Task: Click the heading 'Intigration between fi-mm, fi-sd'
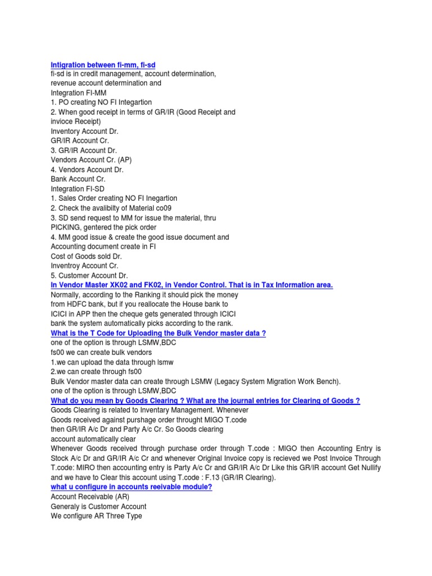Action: pyautogui.click(x=103, y=65)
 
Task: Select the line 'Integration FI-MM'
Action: pyautogui.click(x=78, y=93)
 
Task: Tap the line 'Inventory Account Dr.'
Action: pyautogui.click(x=84, y=131)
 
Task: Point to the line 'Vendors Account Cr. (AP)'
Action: pyautogui.click(x=91, y=160)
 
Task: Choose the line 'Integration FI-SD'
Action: pyautogui.click(x=78, y=188)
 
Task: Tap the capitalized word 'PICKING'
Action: pyautogui.click(x=66, y=227)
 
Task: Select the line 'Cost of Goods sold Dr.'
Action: pyautogui.click(x=86, y=256)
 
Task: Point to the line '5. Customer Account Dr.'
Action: pyautogui.click(x=89, y=276)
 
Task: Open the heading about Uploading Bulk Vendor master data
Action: pyautogui.click(x=158, y=333)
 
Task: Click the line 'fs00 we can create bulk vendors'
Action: pyautogui.click(x=101, y=352)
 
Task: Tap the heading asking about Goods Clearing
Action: pyautogui.click(x=205, y=400)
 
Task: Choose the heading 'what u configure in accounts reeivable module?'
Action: pyautogui.click(x=131, y=487)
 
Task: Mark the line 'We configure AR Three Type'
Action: pyautogui.click(x=96, y=515)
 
